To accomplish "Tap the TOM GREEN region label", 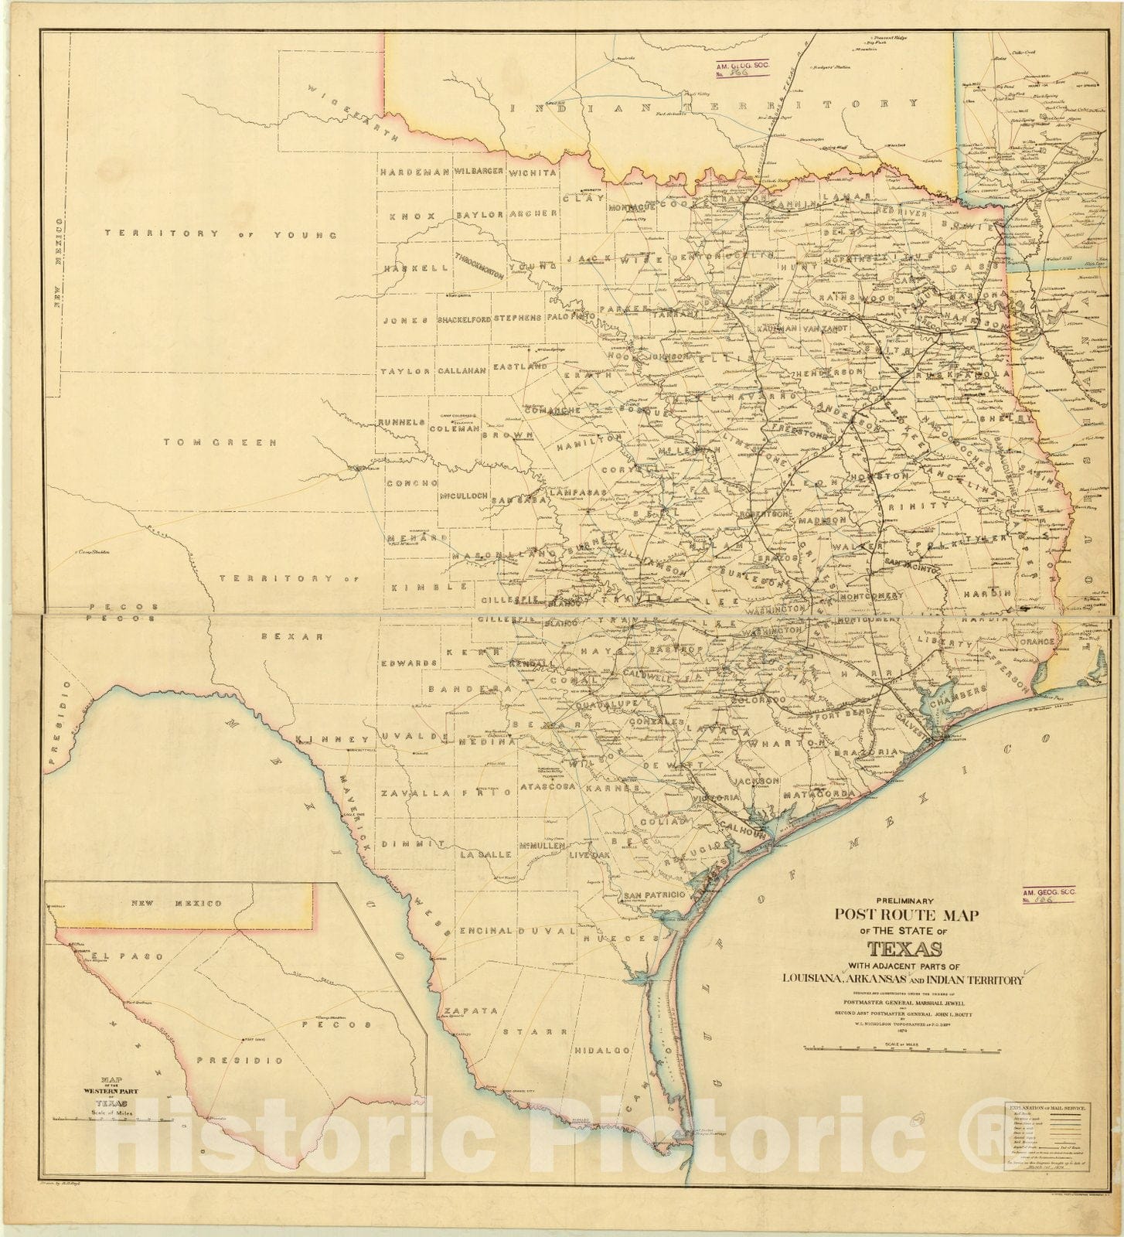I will click(220, 443).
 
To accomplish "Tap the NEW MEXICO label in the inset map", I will click(176, 903).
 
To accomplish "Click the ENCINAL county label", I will click(484, 930).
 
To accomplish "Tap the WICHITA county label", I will click(531, 172).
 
